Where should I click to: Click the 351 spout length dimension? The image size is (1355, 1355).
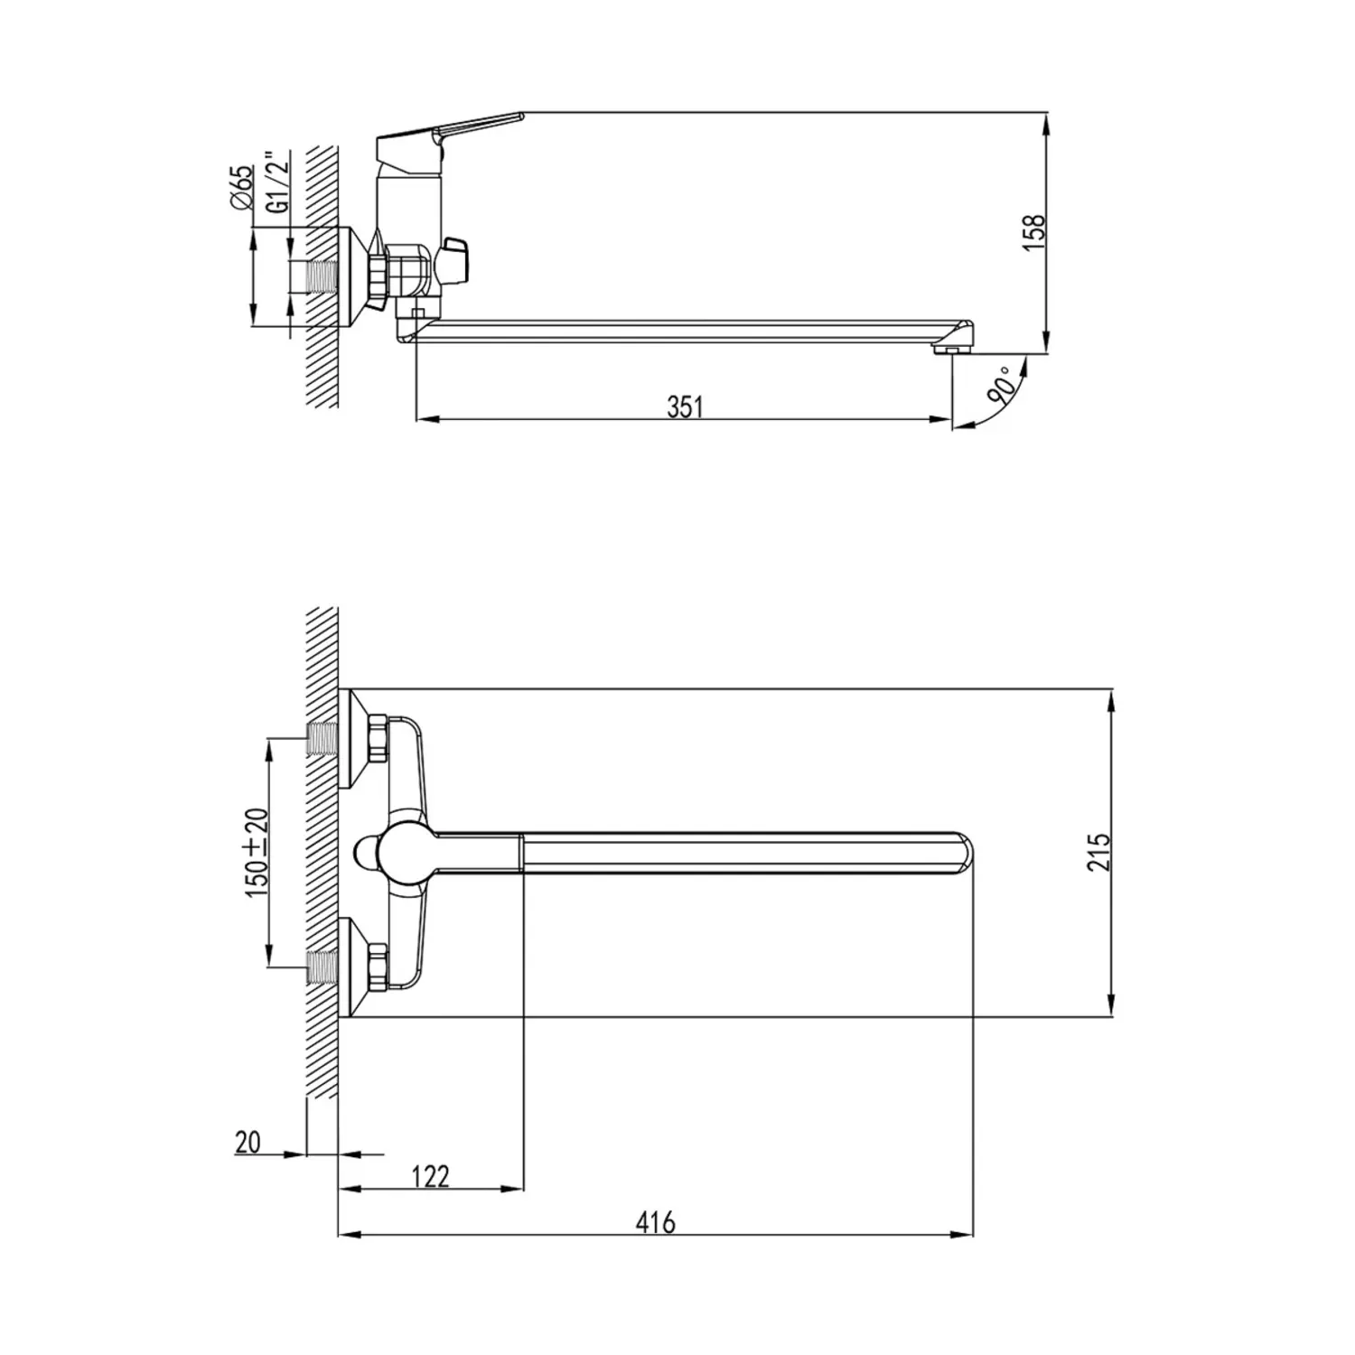[x=685, y=407]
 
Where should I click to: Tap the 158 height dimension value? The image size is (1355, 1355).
[x=1037, y=231]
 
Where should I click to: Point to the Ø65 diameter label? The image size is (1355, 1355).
[x=241, y=189]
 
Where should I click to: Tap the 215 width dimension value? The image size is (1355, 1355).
[x=1098, y=852]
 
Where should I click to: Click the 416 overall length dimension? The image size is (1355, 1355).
[x=655, y=1223]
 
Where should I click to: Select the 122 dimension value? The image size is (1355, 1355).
[x=430, y=1177]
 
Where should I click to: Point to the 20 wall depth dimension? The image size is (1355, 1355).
[x=248, y=1142]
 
